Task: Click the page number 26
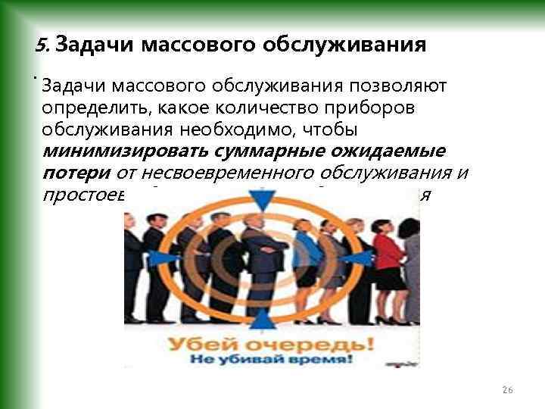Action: click(507, 389)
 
